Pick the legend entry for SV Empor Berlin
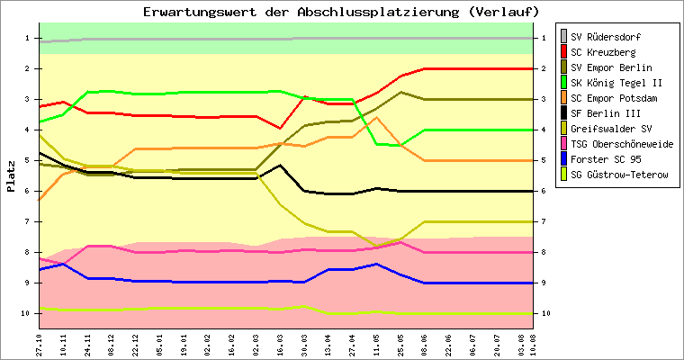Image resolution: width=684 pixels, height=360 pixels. click(x=612, y=67)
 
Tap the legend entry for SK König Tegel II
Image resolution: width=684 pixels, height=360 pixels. click(x=617, y=83)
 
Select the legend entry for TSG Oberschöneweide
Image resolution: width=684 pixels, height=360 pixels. click(x=622, y=144)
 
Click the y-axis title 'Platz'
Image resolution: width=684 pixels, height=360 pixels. click(x=12, y=175)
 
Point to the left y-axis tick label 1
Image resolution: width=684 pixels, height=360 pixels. click(x=28, y=38)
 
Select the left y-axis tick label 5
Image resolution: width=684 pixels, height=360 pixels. click(x=28, y=160)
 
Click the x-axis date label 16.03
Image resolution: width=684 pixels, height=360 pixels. click(x=280, y=343)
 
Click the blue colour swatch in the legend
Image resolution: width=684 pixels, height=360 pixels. click(x=564, y=159)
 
